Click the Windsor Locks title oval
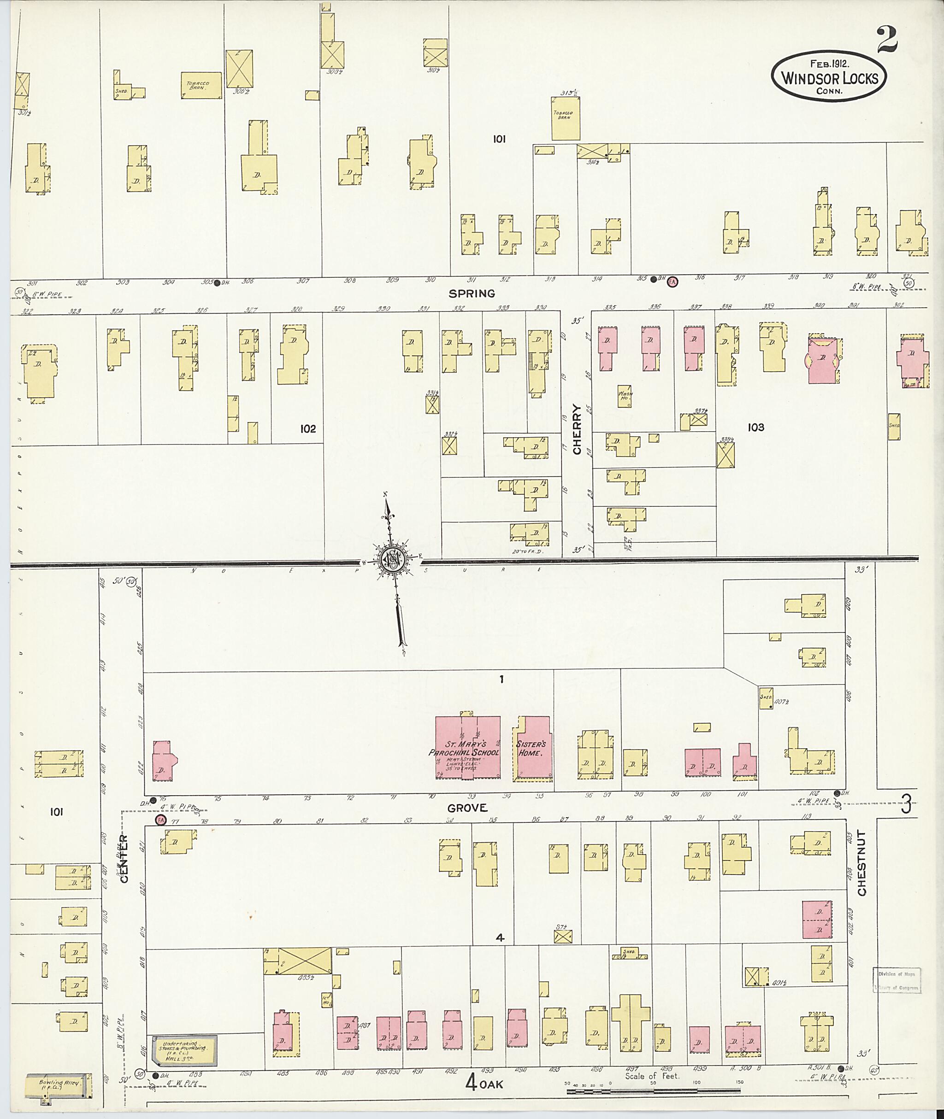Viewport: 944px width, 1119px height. [828, 77]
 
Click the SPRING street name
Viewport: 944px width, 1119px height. [472, 293]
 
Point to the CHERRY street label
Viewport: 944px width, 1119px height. [577, 428]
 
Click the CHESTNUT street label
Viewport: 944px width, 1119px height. [861, 863]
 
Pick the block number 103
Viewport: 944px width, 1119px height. [755, 428]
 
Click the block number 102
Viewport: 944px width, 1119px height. [308, 428]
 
